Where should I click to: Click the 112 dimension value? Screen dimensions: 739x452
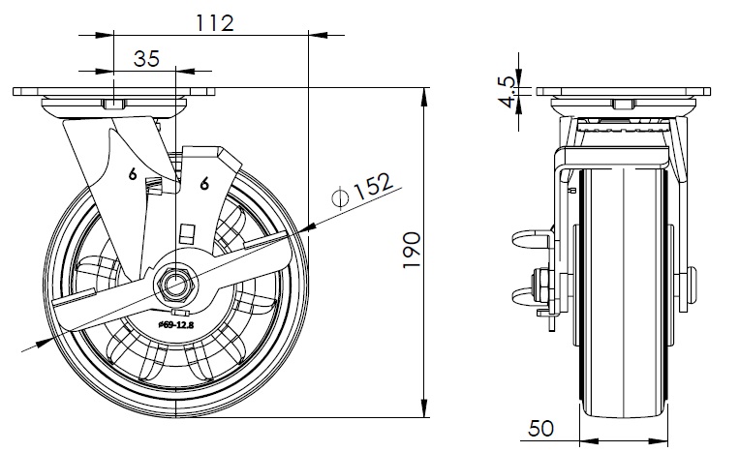(x=214, y=23)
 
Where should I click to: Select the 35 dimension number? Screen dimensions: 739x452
(x=146, y=59)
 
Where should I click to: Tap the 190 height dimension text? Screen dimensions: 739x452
(x=412, y=250)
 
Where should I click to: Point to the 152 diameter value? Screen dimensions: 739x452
(x=373, y=186)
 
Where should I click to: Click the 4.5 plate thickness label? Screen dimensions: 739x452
(x=508, y=92)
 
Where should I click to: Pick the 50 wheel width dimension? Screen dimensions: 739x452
(x=541, y=429)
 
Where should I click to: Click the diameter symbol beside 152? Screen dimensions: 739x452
(x=340, y=196)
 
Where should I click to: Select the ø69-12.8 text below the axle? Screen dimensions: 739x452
(x=176, y=324)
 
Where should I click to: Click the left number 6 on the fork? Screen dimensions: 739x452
(x=133, y=174)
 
